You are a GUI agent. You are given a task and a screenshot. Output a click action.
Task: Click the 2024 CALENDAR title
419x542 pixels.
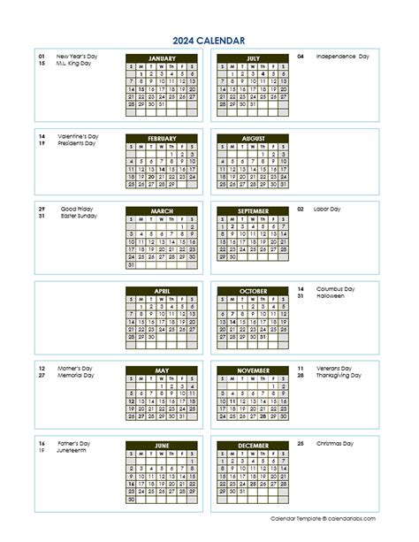click(x=209, y=40)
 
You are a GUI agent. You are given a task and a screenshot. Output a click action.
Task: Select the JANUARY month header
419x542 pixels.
click(x=162, y=57)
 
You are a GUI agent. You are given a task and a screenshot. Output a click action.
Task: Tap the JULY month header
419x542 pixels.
click(x=252, y=57)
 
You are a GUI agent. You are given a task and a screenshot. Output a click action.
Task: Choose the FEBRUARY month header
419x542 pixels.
click(x=162, y=139)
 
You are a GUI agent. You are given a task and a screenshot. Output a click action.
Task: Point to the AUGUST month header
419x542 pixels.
click(x=252, y=139)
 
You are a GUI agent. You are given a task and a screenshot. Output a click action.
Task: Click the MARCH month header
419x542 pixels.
click(x=162, y=211)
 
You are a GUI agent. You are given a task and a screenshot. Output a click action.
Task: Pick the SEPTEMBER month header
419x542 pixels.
click(x=252, y=211)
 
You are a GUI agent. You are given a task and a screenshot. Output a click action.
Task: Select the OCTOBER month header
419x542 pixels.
click(x=252, y=291)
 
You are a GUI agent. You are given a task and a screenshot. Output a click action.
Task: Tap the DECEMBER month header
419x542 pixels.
click(x=252, y=445)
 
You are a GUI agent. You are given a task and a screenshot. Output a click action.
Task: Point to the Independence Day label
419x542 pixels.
click(x=342, y=56)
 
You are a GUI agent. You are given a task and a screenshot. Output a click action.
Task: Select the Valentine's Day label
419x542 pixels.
click(x=78, y=136)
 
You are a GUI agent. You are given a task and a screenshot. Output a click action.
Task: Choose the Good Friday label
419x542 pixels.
click(x=77, y=209)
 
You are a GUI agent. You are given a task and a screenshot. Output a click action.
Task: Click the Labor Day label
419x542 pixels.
click(x=327, y=209)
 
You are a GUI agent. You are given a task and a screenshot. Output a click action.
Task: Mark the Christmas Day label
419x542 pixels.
click(x=336, y=442)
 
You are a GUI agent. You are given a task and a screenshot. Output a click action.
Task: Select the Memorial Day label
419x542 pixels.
click(x=75, y=375)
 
